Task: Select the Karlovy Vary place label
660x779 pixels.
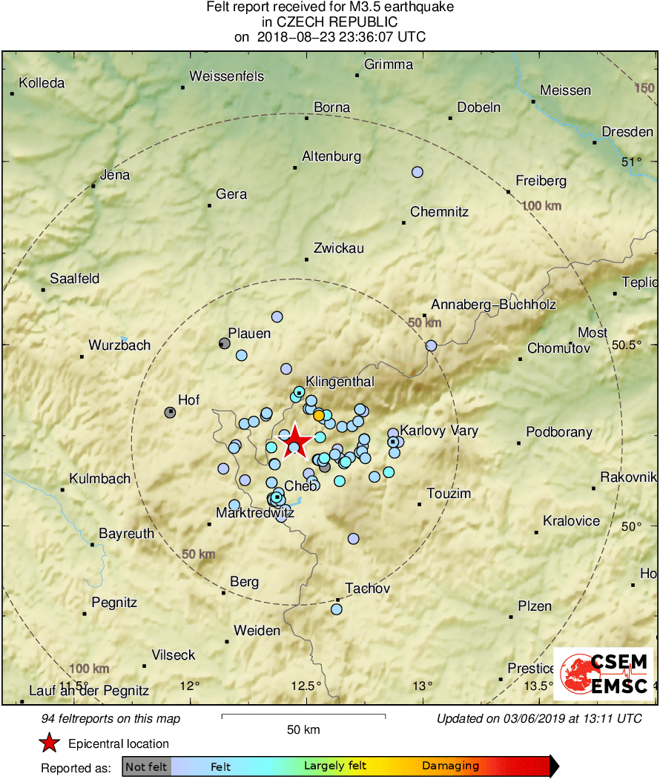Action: [x=439, y=431]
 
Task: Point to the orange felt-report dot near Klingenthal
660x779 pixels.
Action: [x=319, y=415]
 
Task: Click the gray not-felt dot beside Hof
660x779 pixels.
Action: [x=170, y=412]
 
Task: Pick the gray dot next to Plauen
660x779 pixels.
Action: [x=225, y=343]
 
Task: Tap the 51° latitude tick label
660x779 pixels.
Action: [x=631, y=162]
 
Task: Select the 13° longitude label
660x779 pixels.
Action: [x=423, y=685]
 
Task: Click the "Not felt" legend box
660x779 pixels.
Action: [x=147, y=766]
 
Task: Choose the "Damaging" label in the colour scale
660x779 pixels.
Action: [x=451, y=766]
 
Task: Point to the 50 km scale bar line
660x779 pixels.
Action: [x=303, y=716]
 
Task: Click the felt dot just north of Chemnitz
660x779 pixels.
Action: [x=418, y=172]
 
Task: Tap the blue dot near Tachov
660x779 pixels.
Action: [x=337, y=609]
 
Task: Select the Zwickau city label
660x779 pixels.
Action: [x=339, y=248]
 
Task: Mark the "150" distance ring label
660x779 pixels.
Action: [x=644, y=89]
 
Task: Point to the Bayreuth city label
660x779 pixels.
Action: [x=126, y=534]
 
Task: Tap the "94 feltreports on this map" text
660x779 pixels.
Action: [x=111, y=718]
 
